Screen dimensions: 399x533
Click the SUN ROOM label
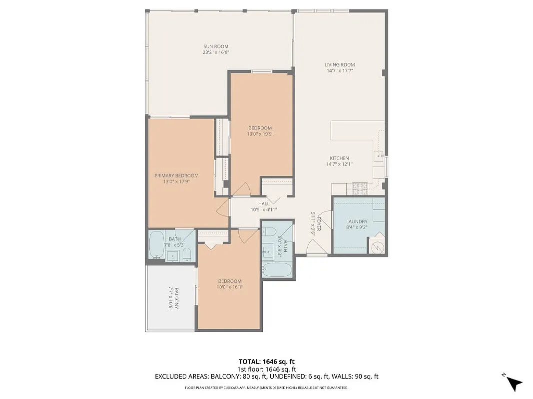216,46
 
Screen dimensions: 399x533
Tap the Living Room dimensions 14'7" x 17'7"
340,70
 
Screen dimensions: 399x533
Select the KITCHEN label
339,158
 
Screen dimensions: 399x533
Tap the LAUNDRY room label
357,221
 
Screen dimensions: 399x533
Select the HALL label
264,203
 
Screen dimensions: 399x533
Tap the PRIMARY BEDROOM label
176,176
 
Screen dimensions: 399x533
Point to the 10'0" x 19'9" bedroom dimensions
260,134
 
